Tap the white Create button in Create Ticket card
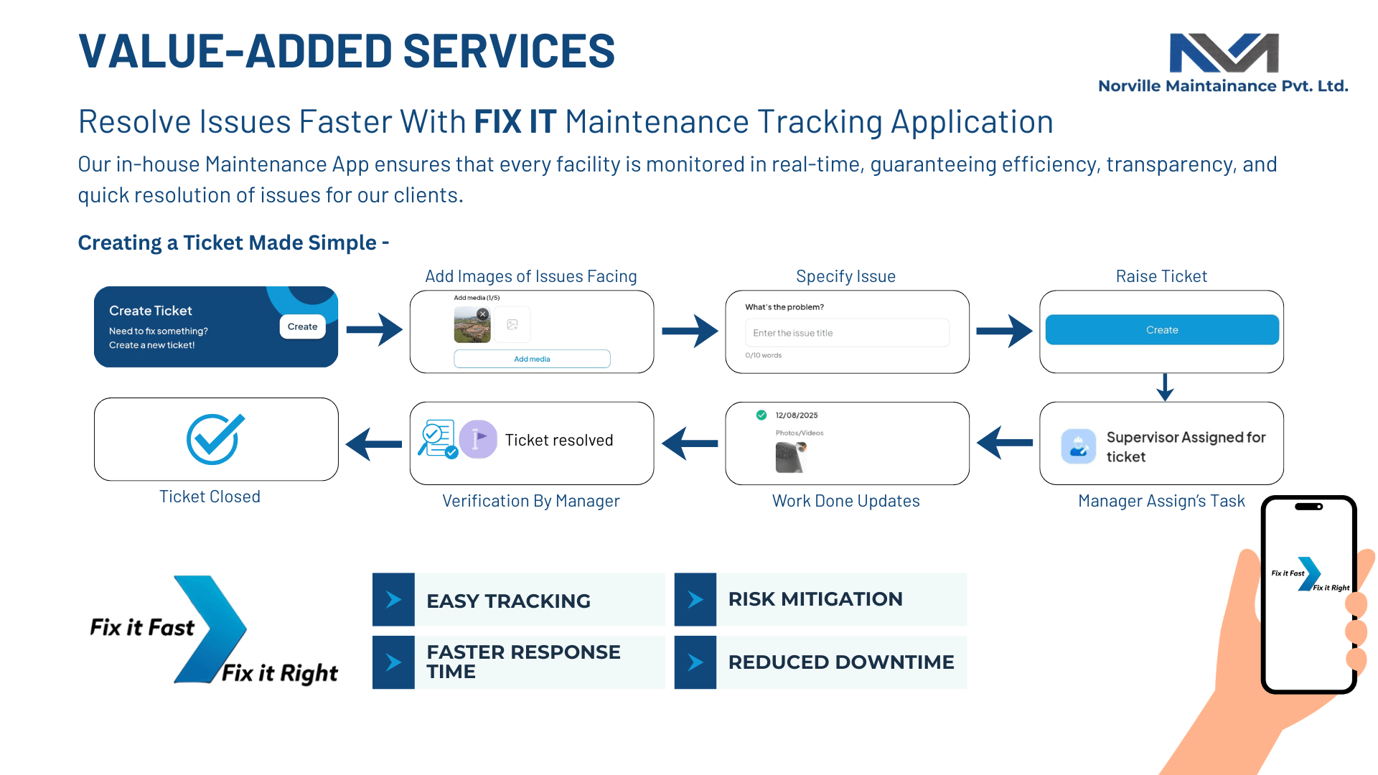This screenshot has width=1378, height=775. pyautogui.click(x=302, y=327)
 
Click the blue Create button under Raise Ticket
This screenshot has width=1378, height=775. pyautogui.click(x=1161, y=330)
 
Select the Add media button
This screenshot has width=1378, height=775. pyautogui.click(x=532, y=359)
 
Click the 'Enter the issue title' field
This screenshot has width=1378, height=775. pyautogui.click(x=847, y=333)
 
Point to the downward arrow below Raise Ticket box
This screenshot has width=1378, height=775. pyautogui.click(x=1165, y=387)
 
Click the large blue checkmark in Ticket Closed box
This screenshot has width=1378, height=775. pyautogui.click(x=214, y=438)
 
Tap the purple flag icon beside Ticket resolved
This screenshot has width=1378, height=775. pyautogui.click(x=478, y=439)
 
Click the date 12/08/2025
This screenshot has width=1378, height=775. pyautogui.click(x=796, y=415)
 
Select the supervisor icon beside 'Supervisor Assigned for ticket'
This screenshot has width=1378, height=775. pyautogui.click(x=1078, y=446)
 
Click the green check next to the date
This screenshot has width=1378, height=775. pyautogui.click(x=761, y=415)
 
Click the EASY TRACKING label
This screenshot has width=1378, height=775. pyautogui.click(x=508, y=601)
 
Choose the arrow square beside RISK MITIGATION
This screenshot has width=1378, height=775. pyautogui.click(x=695, y=599)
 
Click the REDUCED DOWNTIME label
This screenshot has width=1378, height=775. pyautogui.click(x=840, y=662)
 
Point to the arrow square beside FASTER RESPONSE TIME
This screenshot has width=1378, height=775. pyautogui.click(x=393, y=662)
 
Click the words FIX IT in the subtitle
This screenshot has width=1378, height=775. pyautogui.click(x=515, y=122)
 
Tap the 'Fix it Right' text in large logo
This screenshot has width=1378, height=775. pyautogui.click(x=279, y=673)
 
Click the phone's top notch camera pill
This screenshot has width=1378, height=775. pyautogui.click(x=1308, y=507)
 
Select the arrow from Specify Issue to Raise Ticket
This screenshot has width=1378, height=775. pyautogui.click(x=1004, y=331)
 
